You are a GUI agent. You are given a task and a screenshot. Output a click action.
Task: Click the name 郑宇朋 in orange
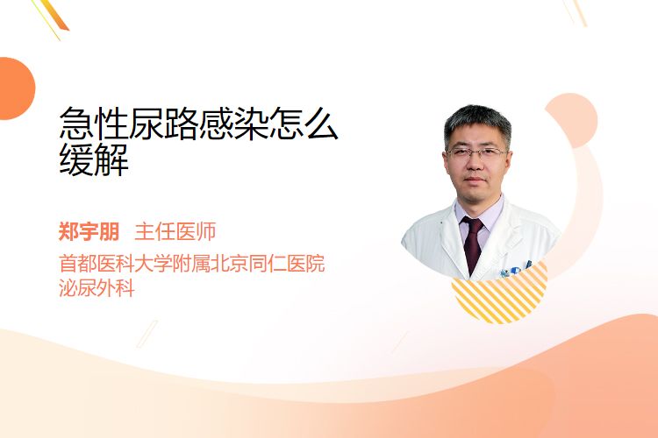coord(89,231)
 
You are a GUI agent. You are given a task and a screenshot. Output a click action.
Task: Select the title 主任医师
coord(175,231)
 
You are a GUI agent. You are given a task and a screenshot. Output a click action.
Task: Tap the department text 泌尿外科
coord(97,288)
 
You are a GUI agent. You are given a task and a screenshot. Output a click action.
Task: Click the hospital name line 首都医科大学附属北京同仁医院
coord(192,264)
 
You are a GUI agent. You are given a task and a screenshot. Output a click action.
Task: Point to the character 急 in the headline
coord(76,123)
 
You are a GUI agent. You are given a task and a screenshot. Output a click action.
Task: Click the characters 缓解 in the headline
coord(94,159)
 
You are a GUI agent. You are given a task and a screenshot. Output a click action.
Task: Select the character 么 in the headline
coord(320,123)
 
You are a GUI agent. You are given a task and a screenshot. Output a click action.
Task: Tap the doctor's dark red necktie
coord(474,243)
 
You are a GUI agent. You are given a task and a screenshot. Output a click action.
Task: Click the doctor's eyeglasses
coord(476,153)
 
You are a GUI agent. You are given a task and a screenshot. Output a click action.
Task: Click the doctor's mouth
coord(476,180)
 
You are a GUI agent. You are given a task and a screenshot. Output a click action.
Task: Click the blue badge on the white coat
coord(515,271)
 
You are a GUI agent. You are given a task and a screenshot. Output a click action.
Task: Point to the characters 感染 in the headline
coord(233,123)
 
